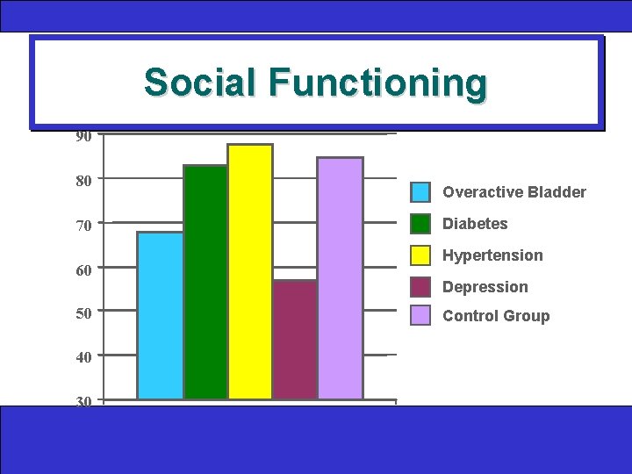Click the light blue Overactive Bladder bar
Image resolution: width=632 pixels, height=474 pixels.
161,315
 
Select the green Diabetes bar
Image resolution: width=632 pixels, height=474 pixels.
205,282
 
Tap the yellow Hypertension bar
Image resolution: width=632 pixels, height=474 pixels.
250,271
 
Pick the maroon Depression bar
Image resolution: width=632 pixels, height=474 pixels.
294,340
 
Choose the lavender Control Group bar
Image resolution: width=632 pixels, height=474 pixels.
340,278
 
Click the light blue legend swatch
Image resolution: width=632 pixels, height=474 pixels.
421,192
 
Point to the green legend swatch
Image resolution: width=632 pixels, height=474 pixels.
421,224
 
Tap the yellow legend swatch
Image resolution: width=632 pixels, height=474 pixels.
421,255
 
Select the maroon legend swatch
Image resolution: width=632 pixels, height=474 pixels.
421,287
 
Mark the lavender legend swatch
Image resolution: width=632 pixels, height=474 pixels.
421,315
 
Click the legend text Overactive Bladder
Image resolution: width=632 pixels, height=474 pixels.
514,192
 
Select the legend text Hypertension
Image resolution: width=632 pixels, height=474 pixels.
492,255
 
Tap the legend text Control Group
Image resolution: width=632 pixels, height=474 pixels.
496,316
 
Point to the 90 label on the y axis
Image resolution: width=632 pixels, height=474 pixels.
83,137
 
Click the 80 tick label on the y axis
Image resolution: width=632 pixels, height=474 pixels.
83,181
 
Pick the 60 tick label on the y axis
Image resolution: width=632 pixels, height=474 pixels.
83,270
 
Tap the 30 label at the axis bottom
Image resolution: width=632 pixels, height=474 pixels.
83,401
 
